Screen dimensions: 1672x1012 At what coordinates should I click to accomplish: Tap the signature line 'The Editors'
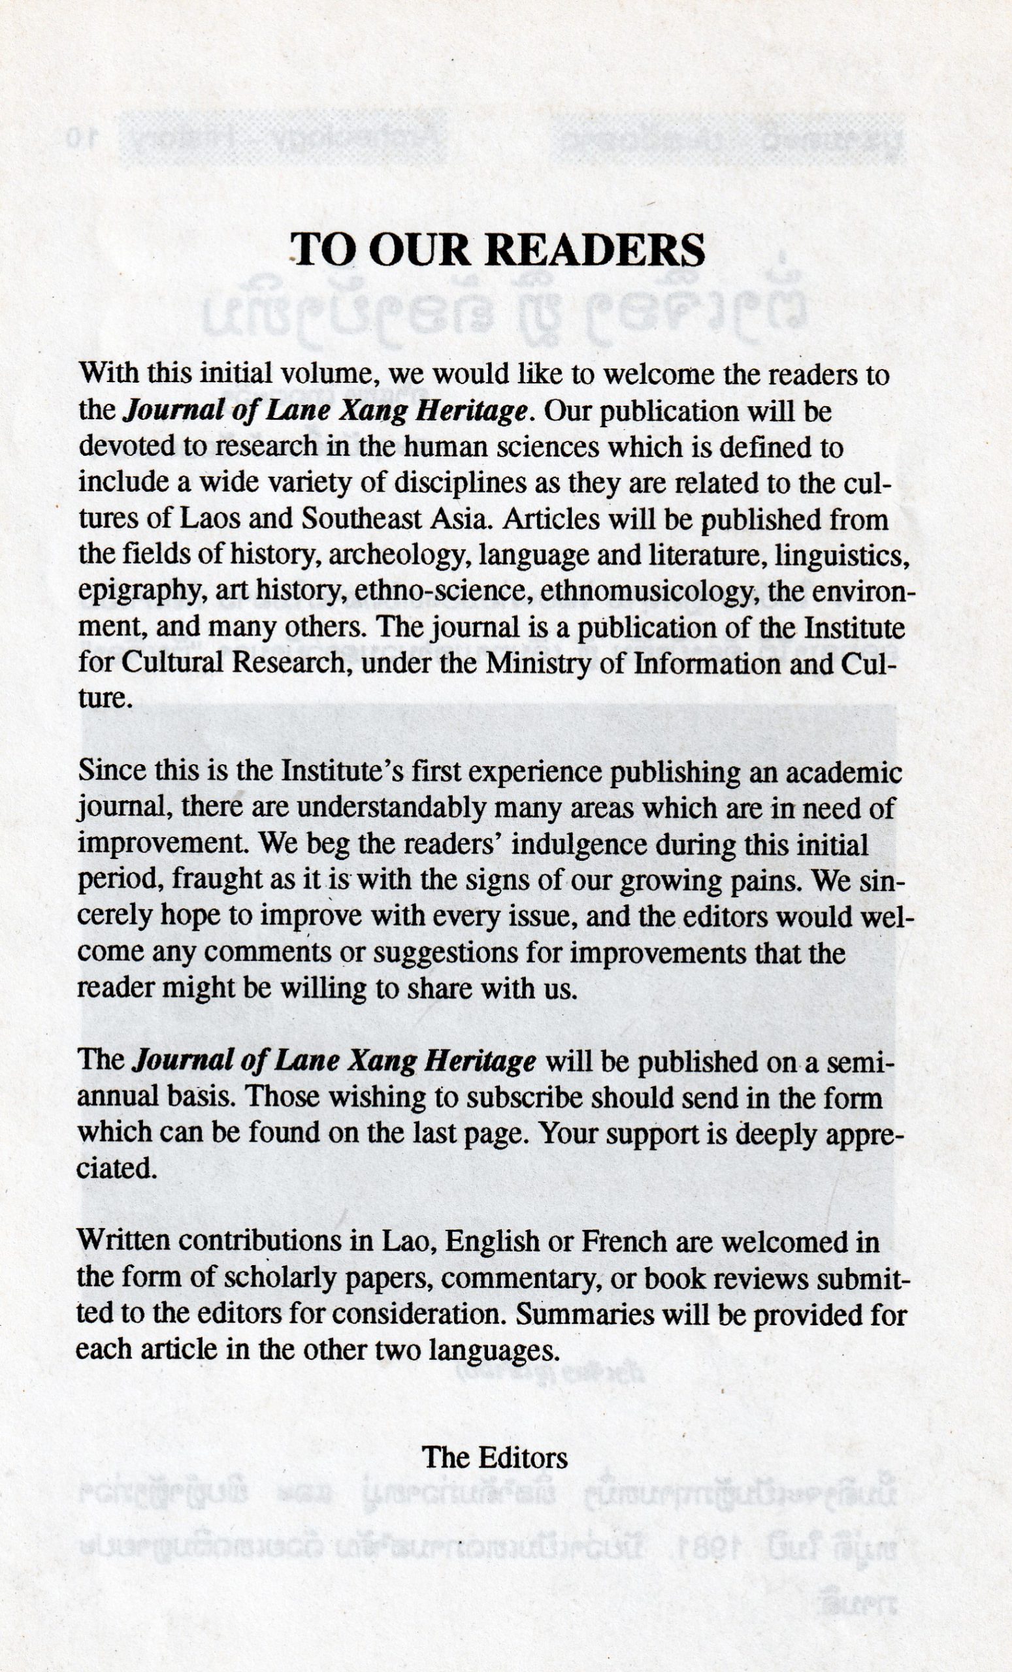point(495,1458)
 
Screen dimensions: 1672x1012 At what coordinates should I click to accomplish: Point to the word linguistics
point(839,556)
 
